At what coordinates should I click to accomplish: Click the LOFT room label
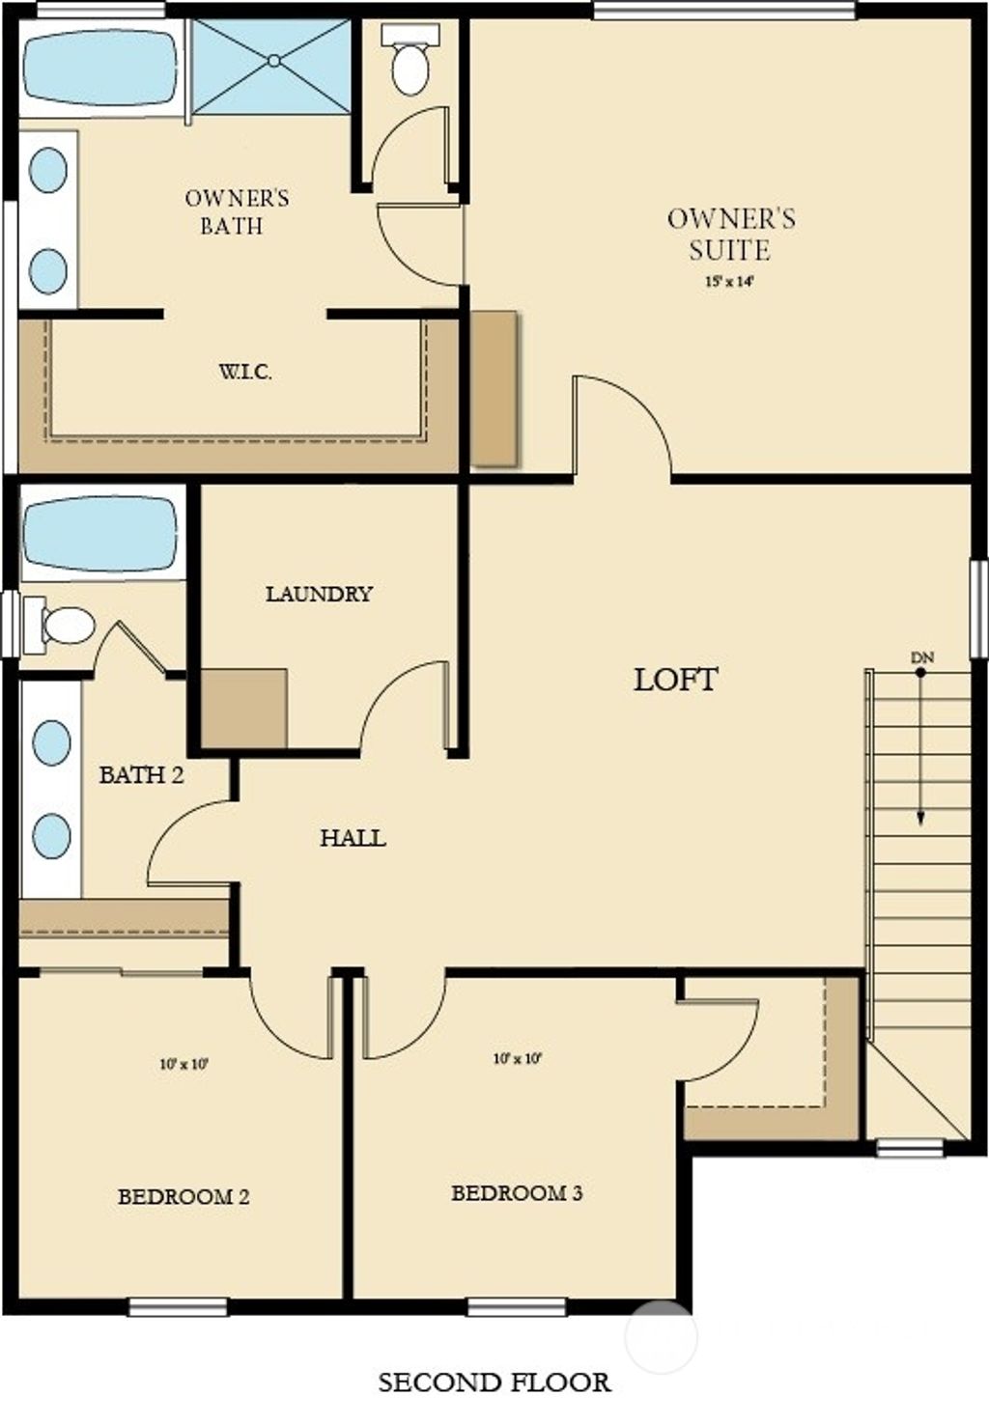(x=675, y=680)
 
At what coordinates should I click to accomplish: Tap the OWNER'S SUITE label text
(x=731, y=234)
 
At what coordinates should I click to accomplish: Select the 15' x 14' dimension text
(x=730, y=283)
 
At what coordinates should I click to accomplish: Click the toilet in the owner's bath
(x=410, y=64)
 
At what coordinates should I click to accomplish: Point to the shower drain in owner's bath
(x=274, y=61)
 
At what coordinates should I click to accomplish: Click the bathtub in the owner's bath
(x=100, y=68)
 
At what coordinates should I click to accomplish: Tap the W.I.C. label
(x=244, y=372)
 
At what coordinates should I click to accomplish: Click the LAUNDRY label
(x=319, y=594)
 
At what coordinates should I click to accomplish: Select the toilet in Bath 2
(x=64, y=625)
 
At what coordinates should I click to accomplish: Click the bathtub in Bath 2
(x=100, y=533)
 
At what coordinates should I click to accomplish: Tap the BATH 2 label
(x=141, y=774)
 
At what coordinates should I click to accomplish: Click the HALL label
(x=353, y=838)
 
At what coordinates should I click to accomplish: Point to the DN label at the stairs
(x=921, y=657)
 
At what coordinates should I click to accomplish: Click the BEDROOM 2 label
(x=184, y=1197)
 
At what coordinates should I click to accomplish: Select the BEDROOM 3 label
(x=517, y=1193)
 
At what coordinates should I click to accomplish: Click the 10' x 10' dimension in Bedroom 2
(x=184, y=1065)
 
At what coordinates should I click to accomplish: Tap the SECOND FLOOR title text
(x=494, y=1382)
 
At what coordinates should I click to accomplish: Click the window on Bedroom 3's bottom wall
(x=516, y=1307)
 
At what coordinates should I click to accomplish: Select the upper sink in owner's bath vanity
(x=48, y=170)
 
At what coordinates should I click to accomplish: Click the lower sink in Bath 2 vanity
(x=51, y=835)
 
